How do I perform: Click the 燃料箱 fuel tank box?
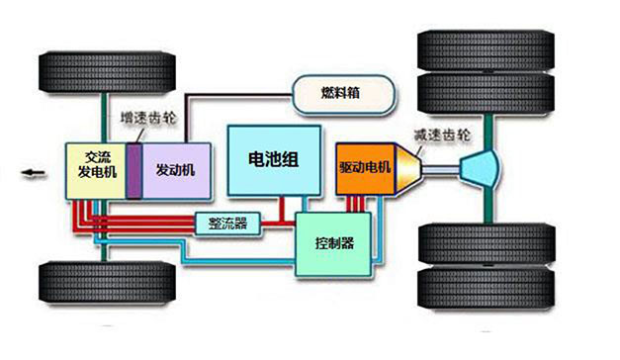tap(343, 94)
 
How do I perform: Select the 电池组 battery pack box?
tap(274, 160)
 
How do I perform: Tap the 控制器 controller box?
tap(333, 244)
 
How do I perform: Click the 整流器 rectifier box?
tap(227, 224)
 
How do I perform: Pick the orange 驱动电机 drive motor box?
tap(366, 169)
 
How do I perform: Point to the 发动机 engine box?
tap(176, 171)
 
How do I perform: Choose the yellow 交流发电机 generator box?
tap(96, 171)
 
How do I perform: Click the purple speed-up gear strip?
tap(134, 171)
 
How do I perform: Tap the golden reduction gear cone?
tap(408, 169)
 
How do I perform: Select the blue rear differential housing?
tap(480, 169)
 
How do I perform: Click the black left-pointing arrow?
tap(34, 173)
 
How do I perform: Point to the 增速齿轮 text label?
tap(148, 118)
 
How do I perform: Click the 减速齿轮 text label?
tap(442, 135)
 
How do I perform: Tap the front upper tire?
tap(107, 72)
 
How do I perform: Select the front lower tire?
tap(107, 282)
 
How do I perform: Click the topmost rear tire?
tap(486, 50)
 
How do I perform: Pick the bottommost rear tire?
tap(486, 287)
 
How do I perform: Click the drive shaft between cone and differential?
tap(441, 170)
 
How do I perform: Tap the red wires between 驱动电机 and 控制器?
tap(355, 204)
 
